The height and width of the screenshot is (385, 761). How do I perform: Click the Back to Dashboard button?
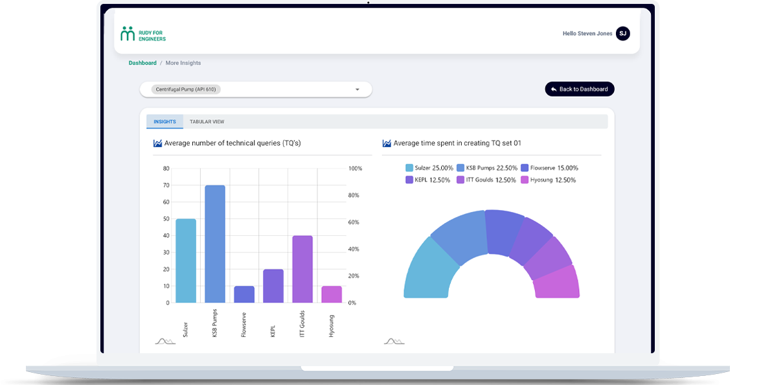[579, 89]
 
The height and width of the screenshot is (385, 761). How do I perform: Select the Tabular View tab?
[207, 122]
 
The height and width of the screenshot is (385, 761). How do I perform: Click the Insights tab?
[165, 122]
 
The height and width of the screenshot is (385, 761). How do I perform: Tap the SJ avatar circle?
[622, 34]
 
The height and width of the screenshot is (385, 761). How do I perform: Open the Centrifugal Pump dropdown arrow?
[357, 89]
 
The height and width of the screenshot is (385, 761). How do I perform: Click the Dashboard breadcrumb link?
[142, 63]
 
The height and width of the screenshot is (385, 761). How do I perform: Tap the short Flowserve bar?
[244, 294]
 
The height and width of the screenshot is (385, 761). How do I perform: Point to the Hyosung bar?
[332, 294]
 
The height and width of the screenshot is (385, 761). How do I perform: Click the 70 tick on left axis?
[166, 185]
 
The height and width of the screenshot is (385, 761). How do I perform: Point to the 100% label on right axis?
[356, 169]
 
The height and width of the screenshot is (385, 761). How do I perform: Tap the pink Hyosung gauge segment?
[558, 283]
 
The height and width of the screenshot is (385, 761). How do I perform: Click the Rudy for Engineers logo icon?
[128, 34]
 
